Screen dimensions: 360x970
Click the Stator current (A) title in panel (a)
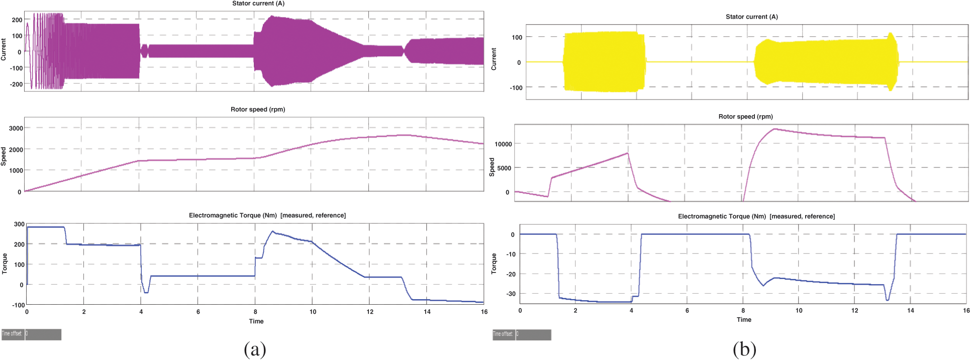(258, 4)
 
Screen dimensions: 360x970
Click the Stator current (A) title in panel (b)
(751, 17)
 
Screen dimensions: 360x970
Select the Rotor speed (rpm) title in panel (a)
(257, 109)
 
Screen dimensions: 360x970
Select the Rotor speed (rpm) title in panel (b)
(745, 116)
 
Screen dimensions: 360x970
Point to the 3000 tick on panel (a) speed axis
(16, 128)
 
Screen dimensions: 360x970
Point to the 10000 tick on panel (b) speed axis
(503, 144)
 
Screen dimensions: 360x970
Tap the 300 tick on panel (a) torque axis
(19, 224)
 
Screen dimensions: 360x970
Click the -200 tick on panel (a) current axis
(16, 84)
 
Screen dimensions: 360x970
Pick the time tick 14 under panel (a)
(427, 312)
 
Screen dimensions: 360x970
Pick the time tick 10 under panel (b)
(799, 310)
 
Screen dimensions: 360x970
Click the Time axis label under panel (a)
(256, 321)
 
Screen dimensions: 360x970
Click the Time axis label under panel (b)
(744, 320)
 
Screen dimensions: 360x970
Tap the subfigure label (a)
(254, 349)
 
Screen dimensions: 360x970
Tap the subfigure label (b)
(744, 349)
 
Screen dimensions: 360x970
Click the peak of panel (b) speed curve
(774, 129)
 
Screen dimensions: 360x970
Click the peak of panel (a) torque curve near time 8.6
(273, 231)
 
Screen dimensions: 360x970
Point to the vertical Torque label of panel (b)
(494, 263)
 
